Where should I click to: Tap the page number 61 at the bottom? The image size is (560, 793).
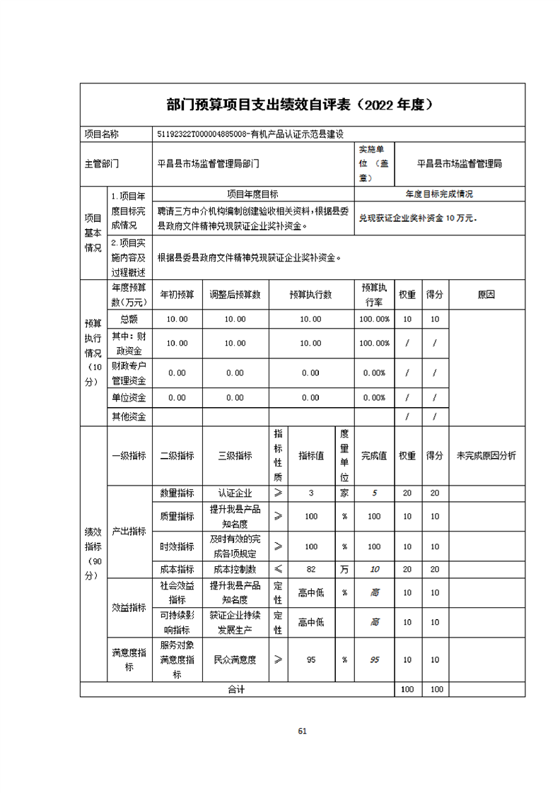click(x=302, y=731)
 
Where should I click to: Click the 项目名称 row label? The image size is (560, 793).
click(x=102, y=133)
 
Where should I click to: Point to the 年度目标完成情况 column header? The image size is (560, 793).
click(x=439, y=193)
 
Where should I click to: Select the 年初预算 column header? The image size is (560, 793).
click(x=177, y=294)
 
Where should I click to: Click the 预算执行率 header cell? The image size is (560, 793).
click(x=374, y=294)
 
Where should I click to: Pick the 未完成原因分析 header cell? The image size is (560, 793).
click(x=486, y=456)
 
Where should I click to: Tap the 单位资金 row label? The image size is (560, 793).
click(x=129, y=398)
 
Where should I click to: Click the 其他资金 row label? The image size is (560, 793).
click(x=129, y=417)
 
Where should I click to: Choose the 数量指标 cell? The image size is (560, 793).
click(x=177, y=493)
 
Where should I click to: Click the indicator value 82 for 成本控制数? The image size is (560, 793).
click(x=310, y=569)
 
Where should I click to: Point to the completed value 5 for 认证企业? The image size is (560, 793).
click(x=374, y=493)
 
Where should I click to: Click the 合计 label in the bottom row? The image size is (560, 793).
click(x=235, y=688)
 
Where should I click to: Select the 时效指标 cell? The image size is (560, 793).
click(x=177, y=546)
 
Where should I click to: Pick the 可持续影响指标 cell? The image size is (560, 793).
click(x=177, y=623)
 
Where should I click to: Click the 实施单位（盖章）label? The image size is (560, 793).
click(x=374, y=164)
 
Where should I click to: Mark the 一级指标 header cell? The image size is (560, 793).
click(x=129, y=456)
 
